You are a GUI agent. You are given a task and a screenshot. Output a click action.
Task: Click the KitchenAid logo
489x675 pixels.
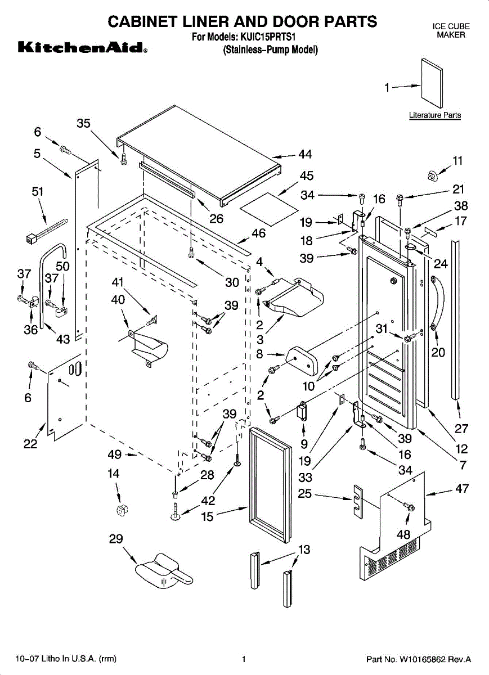[83, 48]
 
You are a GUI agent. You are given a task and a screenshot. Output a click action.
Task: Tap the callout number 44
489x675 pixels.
[306, 154]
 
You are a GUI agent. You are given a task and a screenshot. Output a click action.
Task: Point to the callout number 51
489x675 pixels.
[38, 191]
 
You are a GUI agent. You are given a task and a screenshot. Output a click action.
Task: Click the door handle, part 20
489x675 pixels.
[437, 304]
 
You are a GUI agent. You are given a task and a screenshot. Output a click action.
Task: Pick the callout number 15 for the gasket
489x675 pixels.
[208, 516]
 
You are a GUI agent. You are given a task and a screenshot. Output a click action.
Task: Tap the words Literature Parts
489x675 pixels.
[434, 115]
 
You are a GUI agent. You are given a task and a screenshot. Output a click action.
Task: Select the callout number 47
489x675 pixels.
[462, 488]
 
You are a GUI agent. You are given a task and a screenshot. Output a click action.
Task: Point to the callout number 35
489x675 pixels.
[83, 123]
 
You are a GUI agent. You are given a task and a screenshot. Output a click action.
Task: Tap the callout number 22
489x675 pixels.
[30, 444]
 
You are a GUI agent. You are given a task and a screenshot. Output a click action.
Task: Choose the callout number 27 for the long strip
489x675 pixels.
[461, 429]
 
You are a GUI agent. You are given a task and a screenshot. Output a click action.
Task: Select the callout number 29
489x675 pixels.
[116, 538]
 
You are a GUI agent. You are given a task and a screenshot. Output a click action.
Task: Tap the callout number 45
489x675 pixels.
[307, 176]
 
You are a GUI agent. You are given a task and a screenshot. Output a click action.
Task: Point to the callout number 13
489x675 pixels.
[304, 550]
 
